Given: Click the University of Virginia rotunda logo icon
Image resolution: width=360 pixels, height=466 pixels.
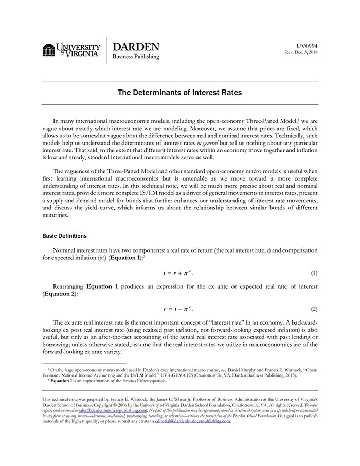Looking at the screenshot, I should pyautogui.click(x=49, y=50).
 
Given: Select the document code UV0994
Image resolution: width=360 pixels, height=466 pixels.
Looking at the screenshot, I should pyautogui.click(x=307, y=46).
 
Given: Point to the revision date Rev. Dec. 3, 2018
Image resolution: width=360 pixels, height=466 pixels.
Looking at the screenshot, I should pyautogui.click(x=301, y=53).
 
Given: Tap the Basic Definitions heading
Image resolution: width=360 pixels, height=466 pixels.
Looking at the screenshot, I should pyautogui.click(x=64, y=236).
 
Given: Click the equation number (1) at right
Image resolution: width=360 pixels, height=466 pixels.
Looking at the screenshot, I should pyautogui.click(x=314, y=271).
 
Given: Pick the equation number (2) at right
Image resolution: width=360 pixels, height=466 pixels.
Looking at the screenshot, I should pyautogui.click(x=314, y=309).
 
